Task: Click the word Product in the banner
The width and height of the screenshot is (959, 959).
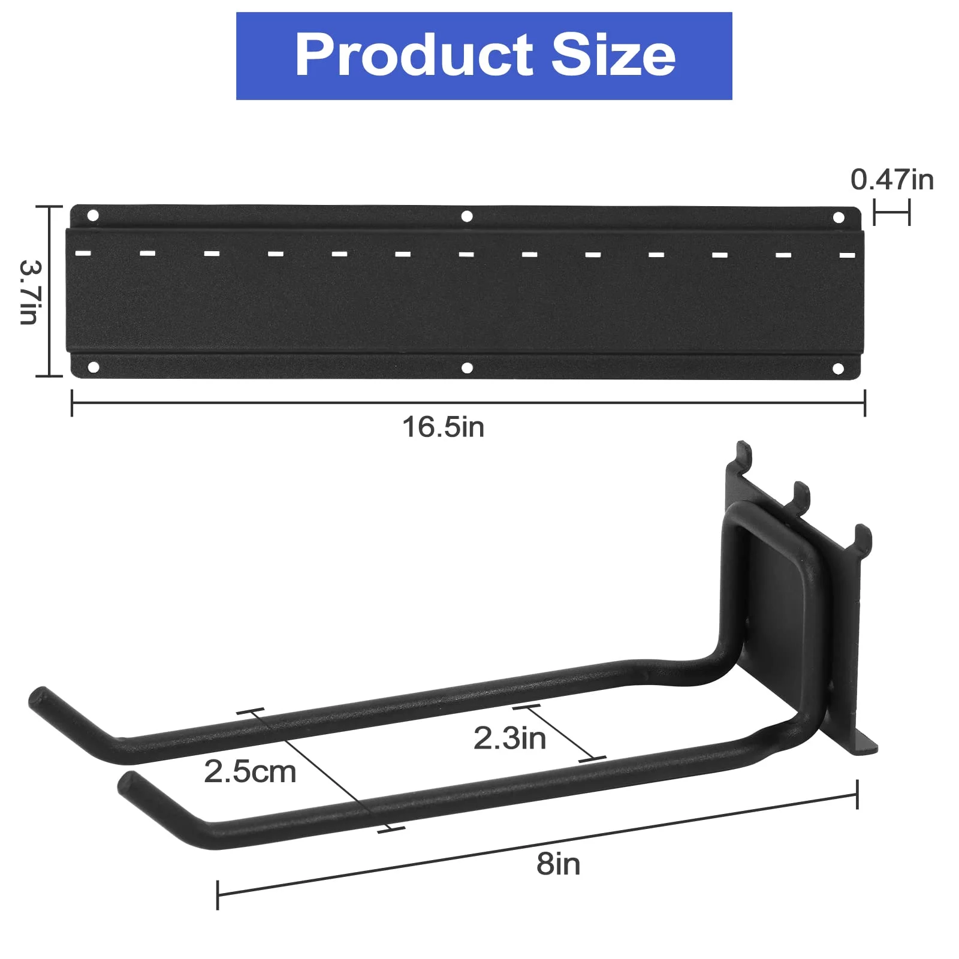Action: tap(414, 55)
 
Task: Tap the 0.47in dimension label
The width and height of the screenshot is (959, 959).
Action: tap(892, 180)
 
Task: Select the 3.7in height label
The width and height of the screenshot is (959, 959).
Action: tap(29, 292)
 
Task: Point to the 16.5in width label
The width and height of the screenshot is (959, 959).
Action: tap(443, 427)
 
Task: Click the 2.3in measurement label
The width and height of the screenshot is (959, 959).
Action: tap(509, 738)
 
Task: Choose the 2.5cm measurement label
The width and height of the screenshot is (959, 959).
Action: tap(250, 772)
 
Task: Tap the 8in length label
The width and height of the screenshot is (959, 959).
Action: tap(558, 864)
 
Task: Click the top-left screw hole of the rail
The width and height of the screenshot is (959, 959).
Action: tap(93, 215)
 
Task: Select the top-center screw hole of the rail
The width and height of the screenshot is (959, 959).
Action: tap(467, 216)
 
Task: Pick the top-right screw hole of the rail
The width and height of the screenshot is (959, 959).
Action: tap(839, 217)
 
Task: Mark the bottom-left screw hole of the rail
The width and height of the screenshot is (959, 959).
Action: tap(93, 367)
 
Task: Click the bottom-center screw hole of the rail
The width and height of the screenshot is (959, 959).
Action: tap(467, 368)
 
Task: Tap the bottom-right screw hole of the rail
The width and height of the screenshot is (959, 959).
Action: tap(839, 369)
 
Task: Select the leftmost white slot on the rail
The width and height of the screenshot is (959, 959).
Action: tap(83, 253)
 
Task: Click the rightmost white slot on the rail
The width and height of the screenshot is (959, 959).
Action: tap(847, 255)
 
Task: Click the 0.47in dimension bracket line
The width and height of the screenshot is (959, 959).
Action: tap(891, 213)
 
